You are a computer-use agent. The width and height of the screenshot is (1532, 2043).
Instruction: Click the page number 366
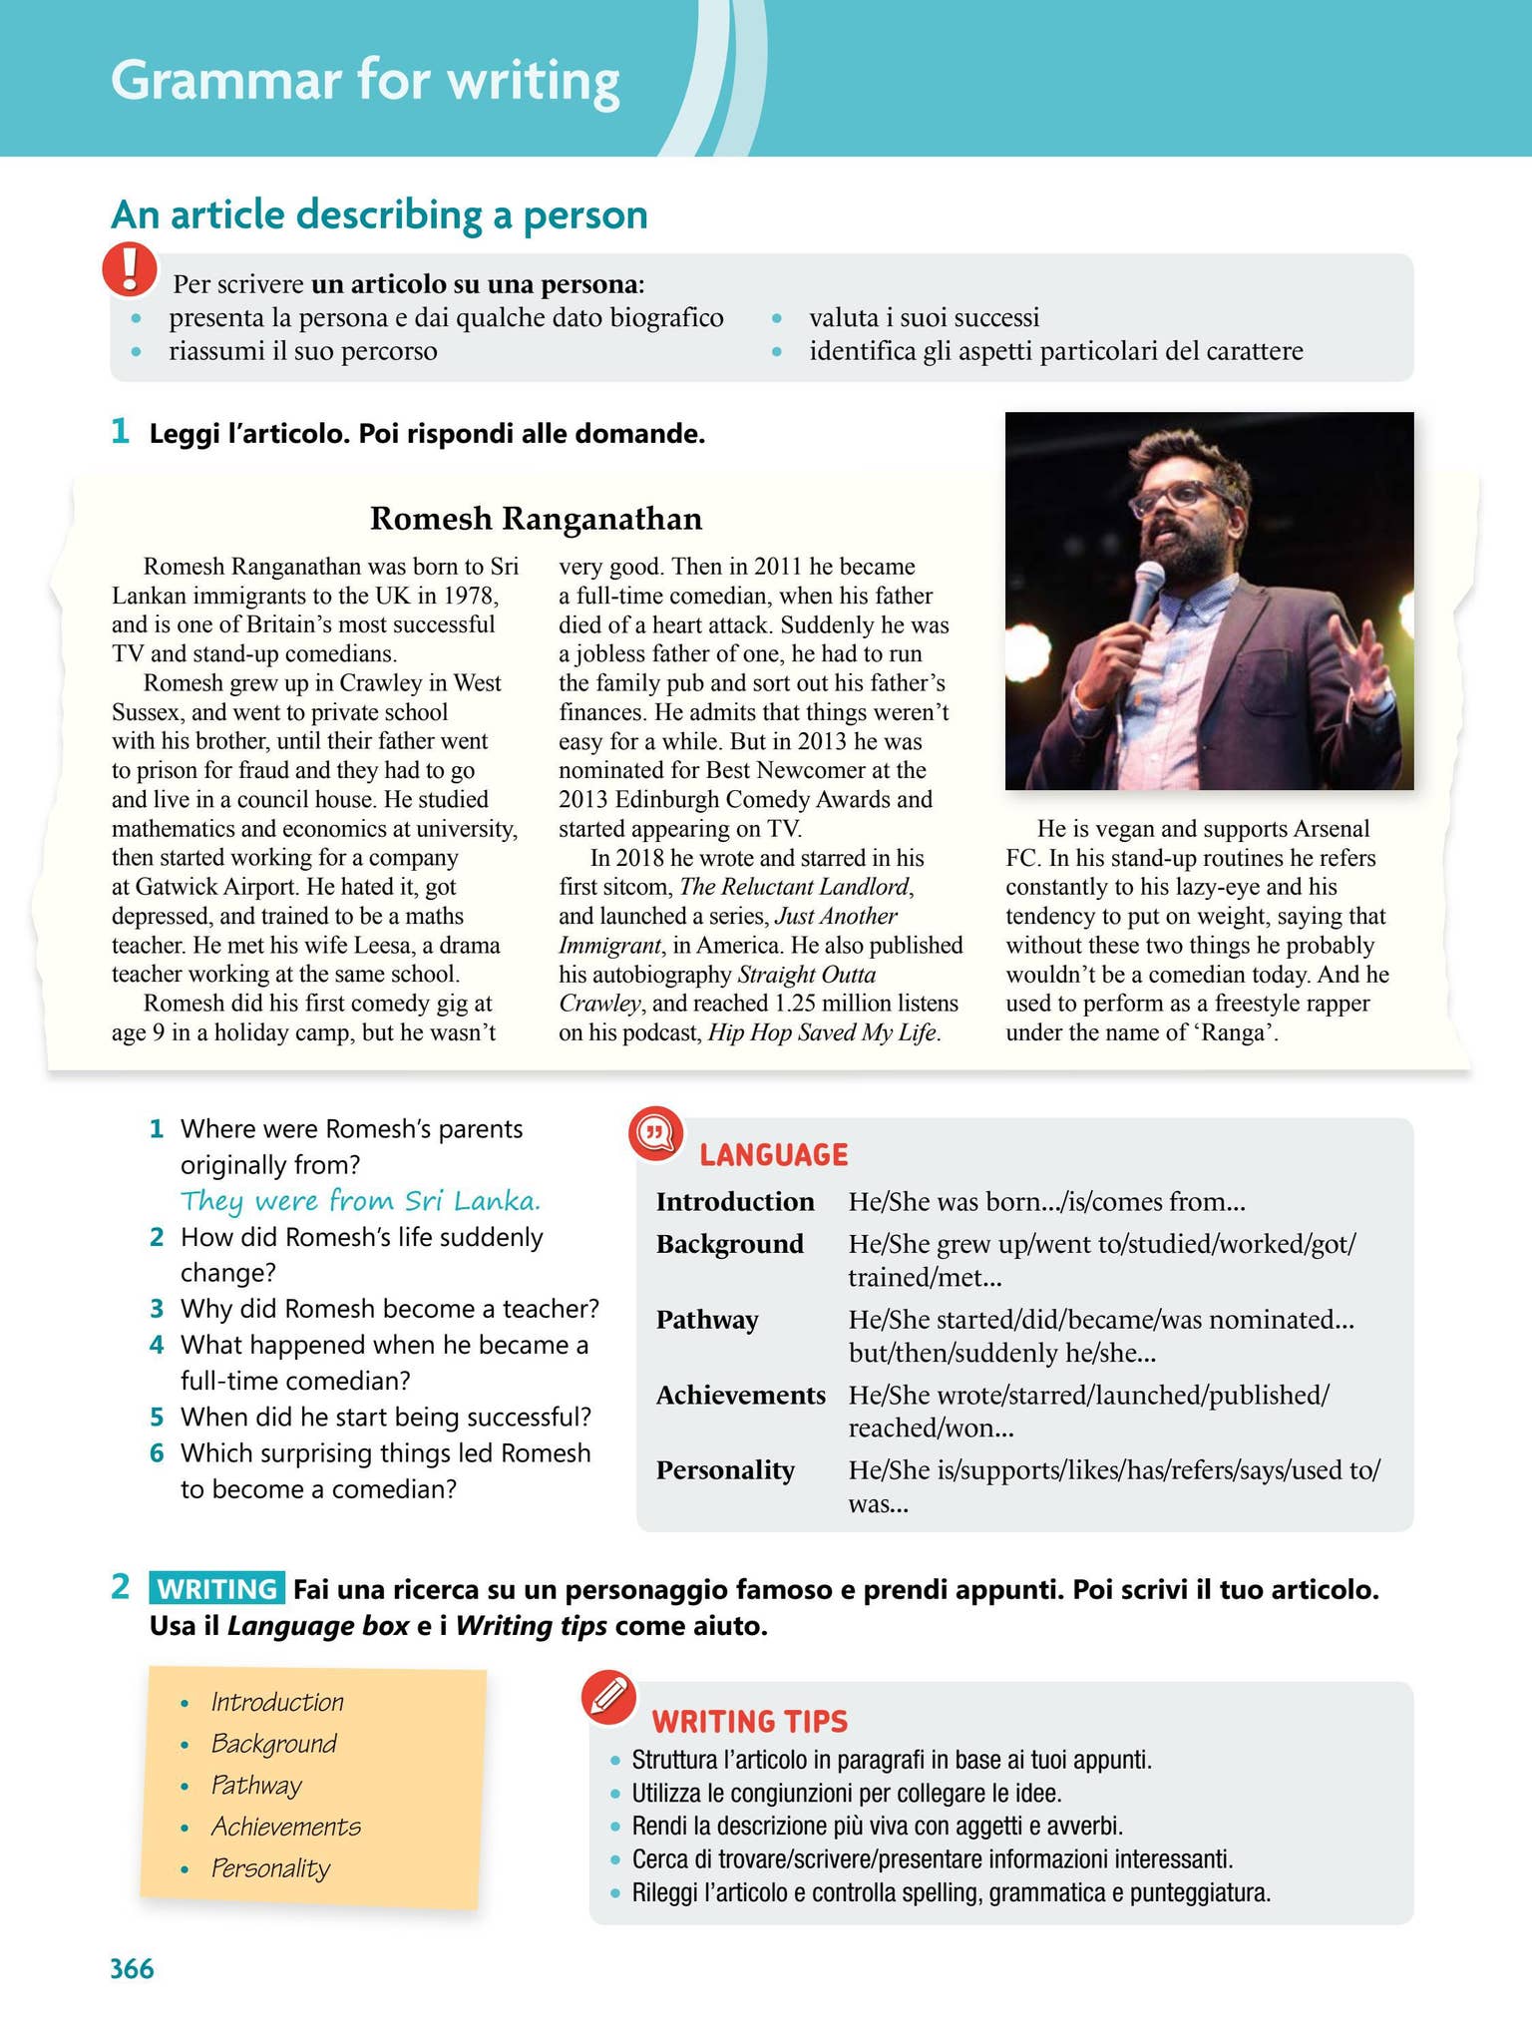click(132, 1968)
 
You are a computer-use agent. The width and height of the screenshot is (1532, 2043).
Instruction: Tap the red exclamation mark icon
click(130, 269)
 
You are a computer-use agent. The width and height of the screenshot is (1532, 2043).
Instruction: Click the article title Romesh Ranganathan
click(536, 519)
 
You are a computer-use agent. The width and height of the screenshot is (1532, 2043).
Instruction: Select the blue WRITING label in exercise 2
click(217, 1588)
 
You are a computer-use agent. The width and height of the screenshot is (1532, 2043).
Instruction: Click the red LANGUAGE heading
click(773, 1155)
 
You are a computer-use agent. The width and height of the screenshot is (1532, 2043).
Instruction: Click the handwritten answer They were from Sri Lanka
click(360, 1201)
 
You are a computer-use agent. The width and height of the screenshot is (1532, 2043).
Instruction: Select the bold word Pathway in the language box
click(707, 1320)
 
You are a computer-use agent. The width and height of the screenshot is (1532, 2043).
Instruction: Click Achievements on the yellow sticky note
click(285, 1827)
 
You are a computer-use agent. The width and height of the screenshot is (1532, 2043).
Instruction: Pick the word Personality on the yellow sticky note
click(269, 1868)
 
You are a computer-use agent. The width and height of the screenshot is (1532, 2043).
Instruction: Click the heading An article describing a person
click(379, 214)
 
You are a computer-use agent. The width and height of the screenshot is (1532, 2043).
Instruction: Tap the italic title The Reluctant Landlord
click(794, 887)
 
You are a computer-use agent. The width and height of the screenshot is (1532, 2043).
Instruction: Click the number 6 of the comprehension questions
click(157, 1453)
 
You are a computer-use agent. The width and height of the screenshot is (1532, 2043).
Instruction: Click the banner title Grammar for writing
click(365, 80)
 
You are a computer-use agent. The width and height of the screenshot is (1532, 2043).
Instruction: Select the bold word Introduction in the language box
click(735, 1202)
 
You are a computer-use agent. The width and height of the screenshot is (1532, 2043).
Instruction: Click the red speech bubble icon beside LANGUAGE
click(655, 1134)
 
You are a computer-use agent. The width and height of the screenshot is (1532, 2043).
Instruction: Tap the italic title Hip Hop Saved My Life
click(823, 1032)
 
